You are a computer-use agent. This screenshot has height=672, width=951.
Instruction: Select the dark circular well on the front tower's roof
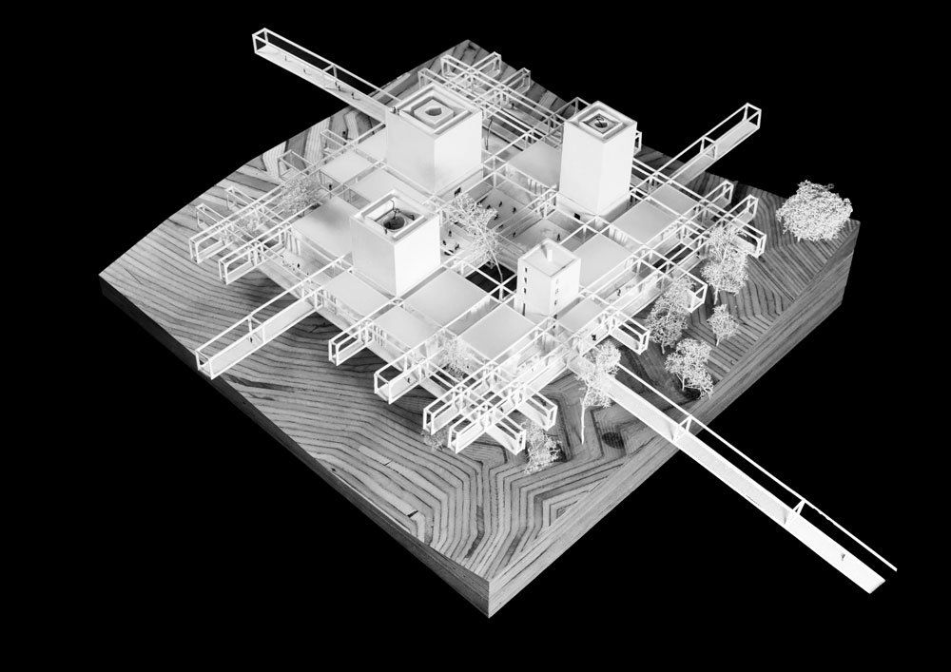pos(390,221)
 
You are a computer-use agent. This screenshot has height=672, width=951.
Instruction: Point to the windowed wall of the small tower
pos(529,282)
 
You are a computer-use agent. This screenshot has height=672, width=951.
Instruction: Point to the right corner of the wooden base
pos(859,226)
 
